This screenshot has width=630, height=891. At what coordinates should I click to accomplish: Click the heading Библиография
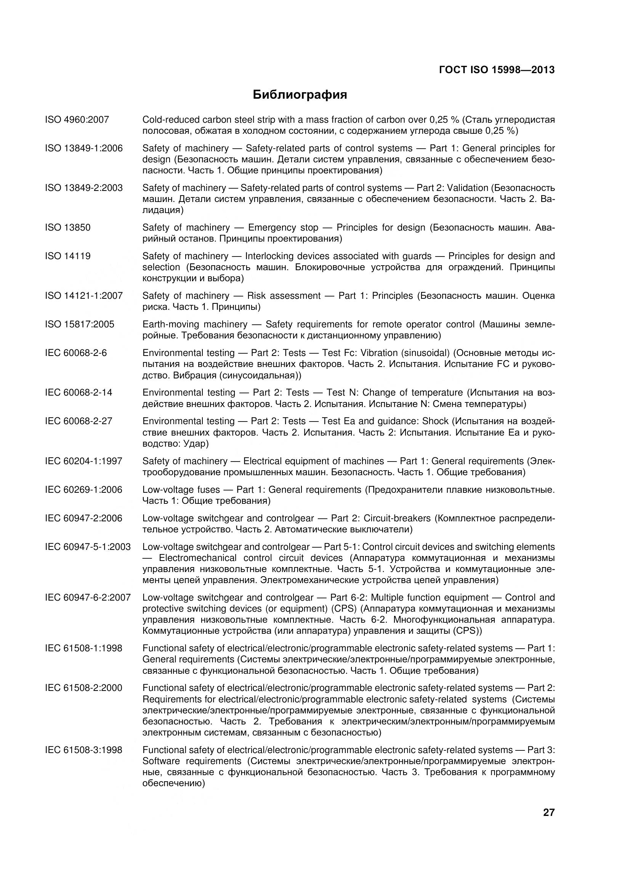tap(300, 95)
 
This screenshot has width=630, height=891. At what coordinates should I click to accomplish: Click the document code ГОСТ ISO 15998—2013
tap(497, 70)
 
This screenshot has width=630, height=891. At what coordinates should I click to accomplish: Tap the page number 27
tap(548, 823)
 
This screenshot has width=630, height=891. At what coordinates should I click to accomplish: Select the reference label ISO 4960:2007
tap(77, 120)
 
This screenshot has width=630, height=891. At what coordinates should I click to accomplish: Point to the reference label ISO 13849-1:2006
tap(83, 148)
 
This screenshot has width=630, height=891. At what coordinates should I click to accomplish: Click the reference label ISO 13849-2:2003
tap(83, 188)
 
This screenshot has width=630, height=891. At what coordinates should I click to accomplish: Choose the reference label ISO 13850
tap(67, 228)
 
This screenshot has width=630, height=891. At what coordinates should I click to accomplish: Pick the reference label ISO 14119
tap(67, 256)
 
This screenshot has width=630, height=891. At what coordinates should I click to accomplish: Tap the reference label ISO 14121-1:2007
tap(83, 296)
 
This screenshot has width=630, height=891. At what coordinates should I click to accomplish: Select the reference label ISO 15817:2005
tap(80, 324)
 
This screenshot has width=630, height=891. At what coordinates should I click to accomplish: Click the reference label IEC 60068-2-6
tap(76, 353)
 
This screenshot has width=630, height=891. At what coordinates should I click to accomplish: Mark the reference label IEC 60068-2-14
tap(79, 392)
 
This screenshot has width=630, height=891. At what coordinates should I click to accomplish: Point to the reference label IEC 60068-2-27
tap(79, 421)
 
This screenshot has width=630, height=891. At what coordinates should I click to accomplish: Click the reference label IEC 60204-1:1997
tap(83, 461)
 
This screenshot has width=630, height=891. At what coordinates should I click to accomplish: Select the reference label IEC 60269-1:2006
tap(83, 490)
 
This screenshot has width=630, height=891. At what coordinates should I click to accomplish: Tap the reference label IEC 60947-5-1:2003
tap(88, 547)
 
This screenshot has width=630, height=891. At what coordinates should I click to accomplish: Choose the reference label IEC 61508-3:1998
tap(83, 750)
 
